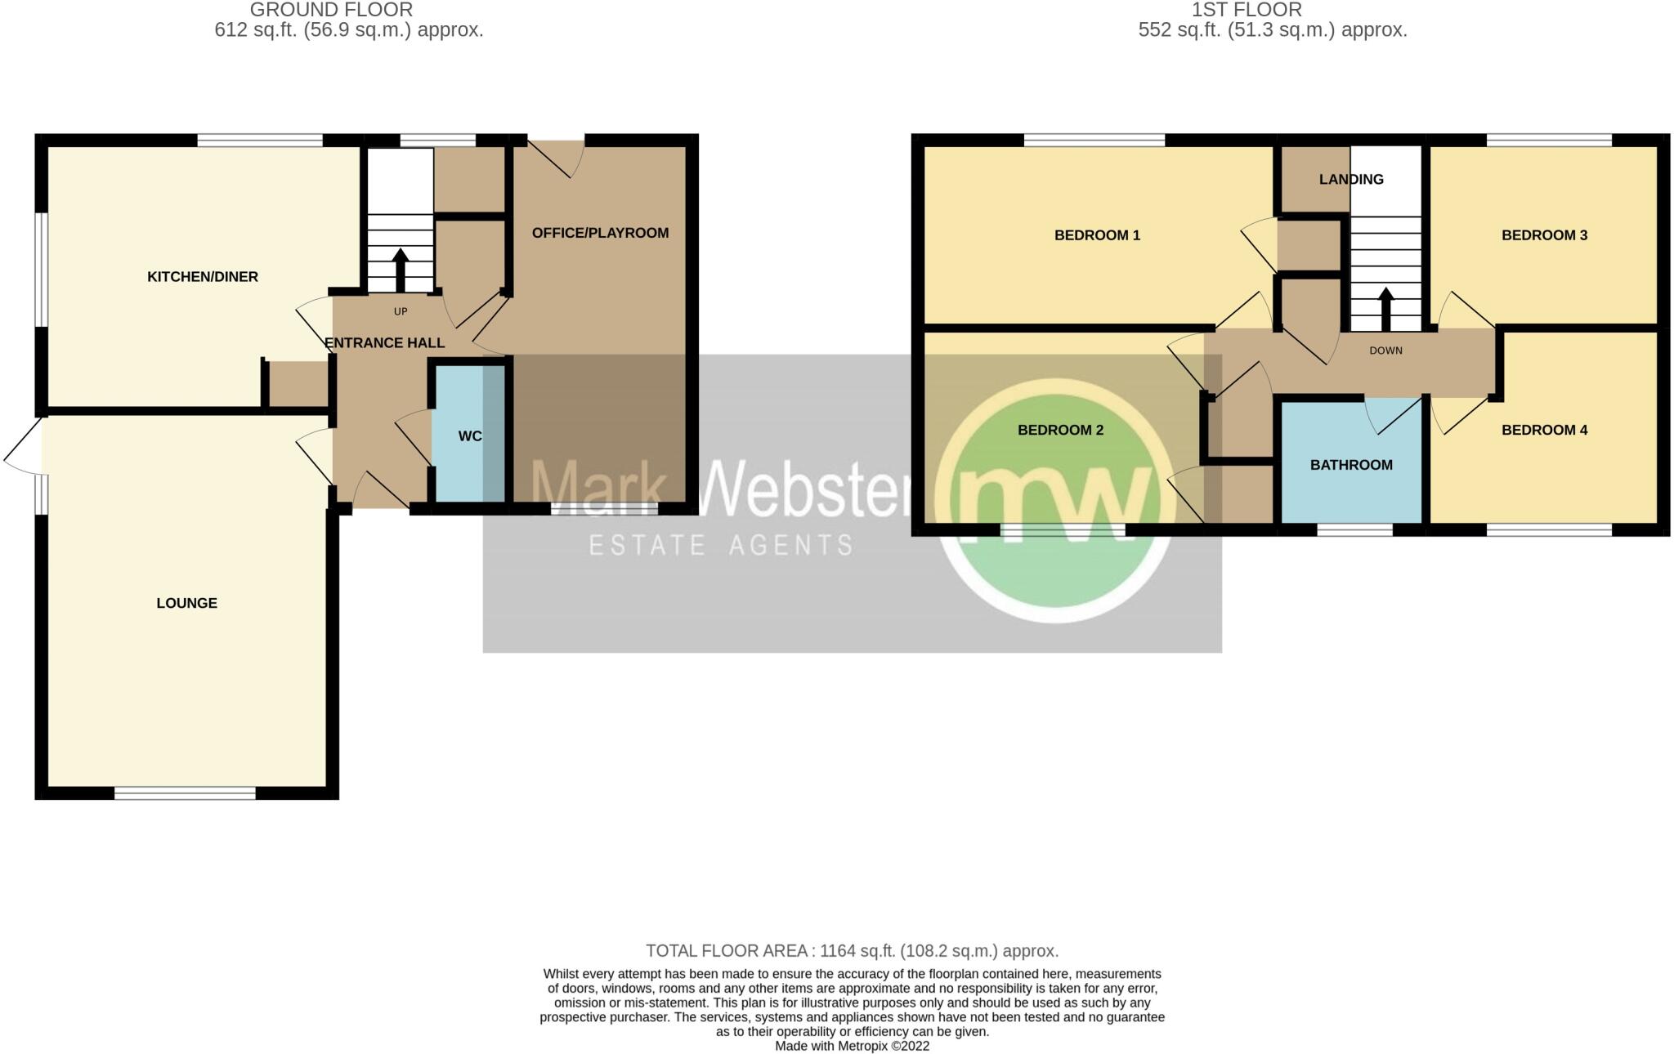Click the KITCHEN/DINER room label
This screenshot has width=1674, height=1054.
(203, 277)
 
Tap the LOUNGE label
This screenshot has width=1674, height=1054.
(186, 603)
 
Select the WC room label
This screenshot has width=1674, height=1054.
(470, 436)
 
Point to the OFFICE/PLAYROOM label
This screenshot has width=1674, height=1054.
(600, 233)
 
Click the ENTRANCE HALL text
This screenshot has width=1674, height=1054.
(385, 343)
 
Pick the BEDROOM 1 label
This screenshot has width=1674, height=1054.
(1097, 235)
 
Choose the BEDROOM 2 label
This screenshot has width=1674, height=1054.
(1060, 430)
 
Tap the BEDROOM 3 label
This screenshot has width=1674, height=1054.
(1544, 235)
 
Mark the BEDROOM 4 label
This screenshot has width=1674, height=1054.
(1544, 430)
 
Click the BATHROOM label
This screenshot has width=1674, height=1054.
(1351, 465)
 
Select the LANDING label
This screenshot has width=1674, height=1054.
(1351, 179)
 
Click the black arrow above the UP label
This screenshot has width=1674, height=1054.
(401, 269)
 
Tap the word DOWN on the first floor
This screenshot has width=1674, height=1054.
(1385, 351)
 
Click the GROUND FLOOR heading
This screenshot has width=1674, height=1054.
(331, 10)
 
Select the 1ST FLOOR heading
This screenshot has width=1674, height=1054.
(1247, 10)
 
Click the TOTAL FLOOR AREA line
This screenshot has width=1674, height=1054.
(852, 951)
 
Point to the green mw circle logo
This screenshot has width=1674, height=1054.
(1054, 500)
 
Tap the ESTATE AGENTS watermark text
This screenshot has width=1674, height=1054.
(721, 545)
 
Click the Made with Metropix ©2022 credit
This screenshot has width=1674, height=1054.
(852, 1046)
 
